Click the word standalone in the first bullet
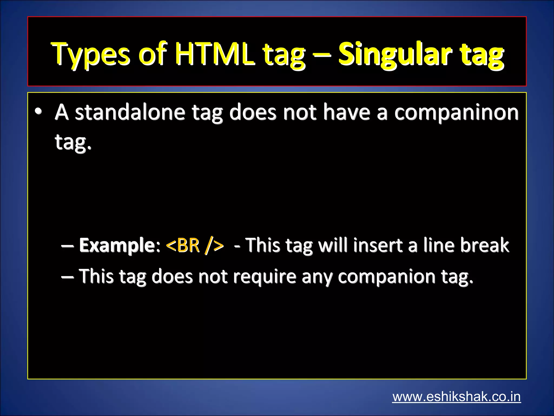tap(130, 112)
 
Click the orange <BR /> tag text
tap(195, 245)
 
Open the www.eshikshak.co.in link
tap(456, 396)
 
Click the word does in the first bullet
tap(253, 112)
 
